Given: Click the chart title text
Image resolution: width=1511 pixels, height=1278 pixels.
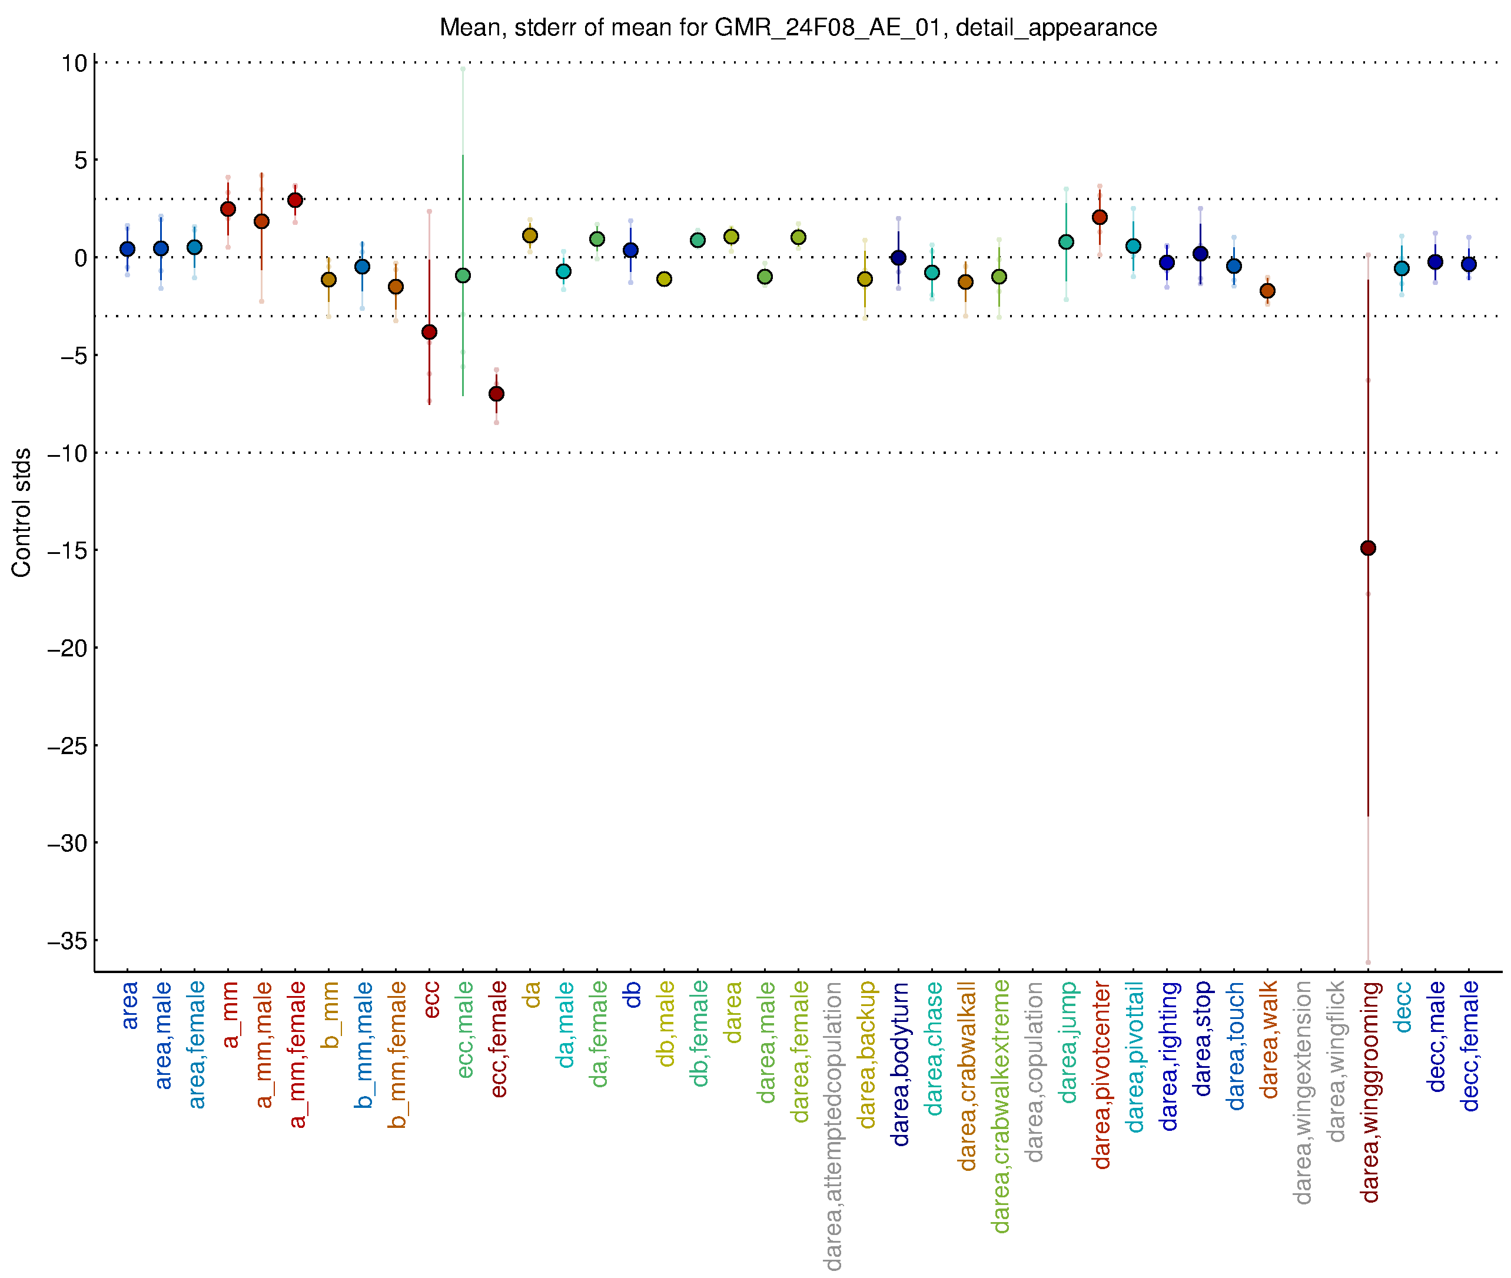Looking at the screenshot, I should pos(798,28).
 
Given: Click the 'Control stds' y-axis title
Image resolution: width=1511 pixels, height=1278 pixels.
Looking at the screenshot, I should pos(22,512).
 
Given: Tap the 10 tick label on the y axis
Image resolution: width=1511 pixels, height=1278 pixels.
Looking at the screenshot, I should pos(74,63).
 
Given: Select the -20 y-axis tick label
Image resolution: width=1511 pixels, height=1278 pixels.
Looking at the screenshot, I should pos(67,648).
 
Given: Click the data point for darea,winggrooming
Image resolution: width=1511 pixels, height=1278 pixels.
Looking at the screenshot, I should pos(1367,547).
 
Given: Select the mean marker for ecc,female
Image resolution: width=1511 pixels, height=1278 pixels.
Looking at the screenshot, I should pos(496,393).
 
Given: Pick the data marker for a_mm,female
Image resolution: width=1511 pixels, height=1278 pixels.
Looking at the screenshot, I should pos(295,200).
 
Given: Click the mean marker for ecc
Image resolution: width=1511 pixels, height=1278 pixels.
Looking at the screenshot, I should pos(430,332).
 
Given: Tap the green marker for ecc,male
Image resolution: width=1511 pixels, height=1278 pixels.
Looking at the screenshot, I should pos(463,275).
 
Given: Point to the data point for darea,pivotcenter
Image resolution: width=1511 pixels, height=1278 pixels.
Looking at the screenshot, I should pos(1100,217).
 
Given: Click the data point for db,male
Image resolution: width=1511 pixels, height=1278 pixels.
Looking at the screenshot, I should pos(664,279).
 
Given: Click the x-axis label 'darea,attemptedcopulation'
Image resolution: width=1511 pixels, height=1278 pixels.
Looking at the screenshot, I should pos(833,1126).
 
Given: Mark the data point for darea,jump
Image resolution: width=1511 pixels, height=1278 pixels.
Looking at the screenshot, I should pos(1066,242).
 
